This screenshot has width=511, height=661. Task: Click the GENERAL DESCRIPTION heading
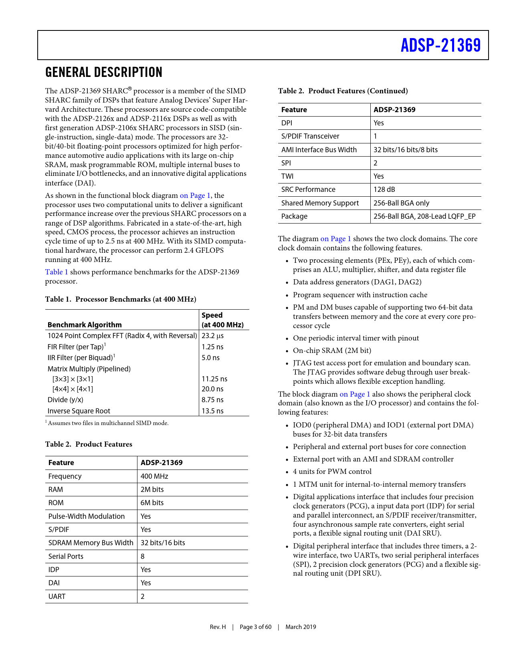pyautogui.click(x=104, y=73)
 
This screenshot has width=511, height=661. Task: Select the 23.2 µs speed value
pyautogui.click(x=212, y=336)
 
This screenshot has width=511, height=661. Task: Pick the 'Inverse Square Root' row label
pyautogui.click(x=79, y=411)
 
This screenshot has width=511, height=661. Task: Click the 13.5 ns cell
pyautogui.click(x=212, y=411)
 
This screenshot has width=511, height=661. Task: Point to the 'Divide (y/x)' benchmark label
pyautogui.click(x=65, y=400)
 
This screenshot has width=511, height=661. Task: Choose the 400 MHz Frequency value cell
pyautogui.click(x=154, y=476)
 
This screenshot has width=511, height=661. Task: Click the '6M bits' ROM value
pyautogui.click(x=152, y=503)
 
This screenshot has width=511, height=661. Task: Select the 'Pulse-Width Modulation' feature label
pyautogui.click(x=87, y=516)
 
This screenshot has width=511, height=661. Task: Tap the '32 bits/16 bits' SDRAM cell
pyautogui.click(x=163, y=543)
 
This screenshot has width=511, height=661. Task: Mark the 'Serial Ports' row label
pyautogui.click(x=66, y=556)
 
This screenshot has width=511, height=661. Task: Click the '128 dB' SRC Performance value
pyautogui.click(x=384, y=189)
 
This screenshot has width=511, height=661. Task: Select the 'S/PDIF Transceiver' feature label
pyautogui.click(x=310, y=136)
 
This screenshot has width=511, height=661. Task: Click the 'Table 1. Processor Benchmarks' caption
pyautogui.click(x=121, y=299)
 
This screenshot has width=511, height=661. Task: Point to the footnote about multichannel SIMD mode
pyautogui.click(x=107, y=423)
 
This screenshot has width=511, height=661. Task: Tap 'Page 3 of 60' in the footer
pyautogui.click(x=255, y=627)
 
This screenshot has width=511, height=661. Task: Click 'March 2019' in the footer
pyautogui.click(x=301, y=627)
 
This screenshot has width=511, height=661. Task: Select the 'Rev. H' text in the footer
pyautogui.click(x=218, y=627)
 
